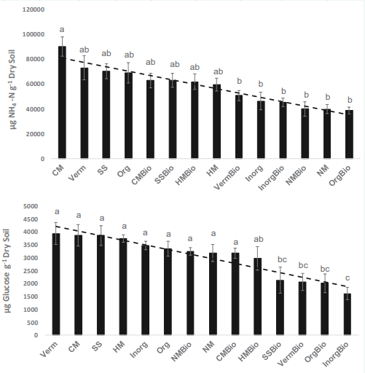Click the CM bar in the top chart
tap(62, 102)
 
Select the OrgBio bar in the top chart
tap(349, 134)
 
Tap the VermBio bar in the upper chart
tap(239, 127)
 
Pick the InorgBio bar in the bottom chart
tap(348, 314)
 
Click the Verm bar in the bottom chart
tap(56, 284)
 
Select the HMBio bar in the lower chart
tap(258, 297)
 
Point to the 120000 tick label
tap(34, 9)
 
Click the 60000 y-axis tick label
tap(35, 84)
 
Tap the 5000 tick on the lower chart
tap(31, 206)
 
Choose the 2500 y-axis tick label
tap(31, 271)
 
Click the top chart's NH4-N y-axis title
tap(12, 90)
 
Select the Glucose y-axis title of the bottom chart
tap(8, 271)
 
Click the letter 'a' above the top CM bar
tap(62, 30)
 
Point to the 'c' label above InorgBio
tap(348, 278)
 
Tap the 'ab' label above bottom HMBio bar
tap(259, 239)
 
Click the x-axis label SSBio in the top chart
tap(165, 175)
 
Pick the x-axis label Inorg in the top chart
tap(254, 173)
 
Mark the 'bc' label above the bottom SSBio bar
tap(282, 259)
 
